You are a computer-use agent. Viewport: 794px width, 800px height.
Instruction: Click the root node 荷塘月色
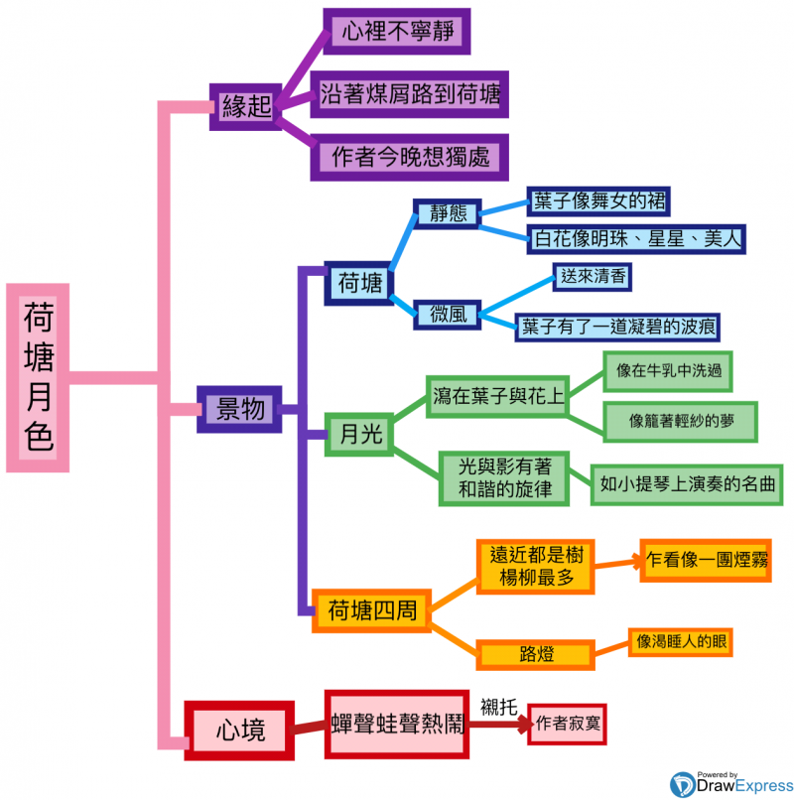[38, 377]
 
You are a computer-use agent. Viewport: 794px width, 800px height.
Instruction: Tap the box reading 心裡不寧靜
[396, 32]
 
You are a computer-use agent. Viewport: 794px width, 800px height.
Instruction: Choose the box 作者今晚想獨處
[410, 157]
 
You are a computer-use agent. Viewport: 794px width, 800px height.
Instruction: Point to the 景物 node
[240, 408]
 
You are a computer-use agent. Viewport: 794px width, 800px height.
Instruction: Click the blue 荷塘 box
[359, 284]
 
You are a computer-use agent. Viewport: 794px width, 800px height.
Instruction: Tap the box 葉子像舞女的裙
[597, 201]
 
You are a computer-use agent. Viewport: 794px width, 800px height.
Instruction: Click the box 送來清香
[593, 277]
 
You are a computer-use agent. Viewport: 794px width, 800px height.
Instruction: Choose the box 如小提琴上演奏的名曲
[686, 485]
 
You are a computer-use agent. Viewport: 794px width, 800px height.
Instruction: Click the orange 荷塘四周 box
[371, 609]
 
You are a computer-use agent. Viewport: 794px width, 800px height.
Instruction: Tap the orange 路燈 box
[535, 654]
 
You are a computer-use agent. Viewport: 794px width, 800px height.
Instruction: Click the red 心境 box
[241, 732]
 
